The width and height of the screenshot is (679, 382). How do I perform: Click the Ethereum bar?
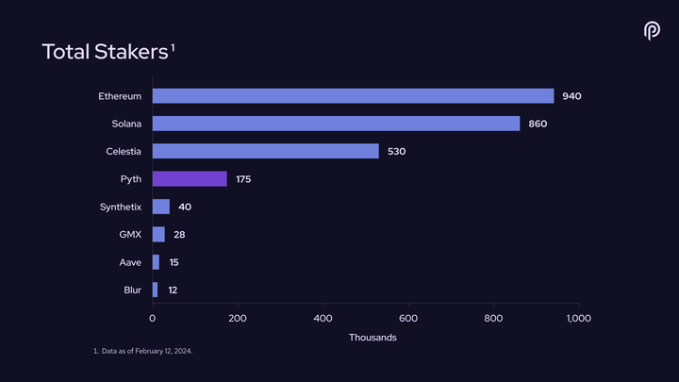pos(353,96)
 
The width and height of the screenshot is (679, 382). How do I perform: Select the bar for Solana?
pos(336,124)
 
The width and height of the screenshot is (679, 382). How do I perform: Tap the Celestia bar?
pos(265,151)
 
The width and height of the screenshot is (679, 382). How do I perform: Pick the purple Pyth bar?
pos(190,179)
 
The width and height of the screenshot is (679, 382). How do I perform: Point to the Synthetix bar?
pos(161,207)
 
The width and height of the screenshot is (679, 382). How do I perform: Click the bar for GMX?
pos(158,234)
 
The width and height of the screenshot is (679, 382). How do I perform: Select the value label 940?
pos(571,96)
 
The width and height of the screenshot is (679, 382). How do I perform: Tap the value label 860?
pos(538,124)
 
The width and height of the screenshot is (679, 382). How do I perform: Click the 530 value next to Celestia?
pos(396,151)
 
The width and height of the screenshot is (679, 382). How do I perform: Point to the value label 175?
pos(244,179)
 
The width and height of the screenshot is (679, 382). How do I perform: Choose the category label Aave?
pos(131,262)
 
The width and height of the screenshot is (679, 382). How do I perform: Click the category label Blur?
pos(133,290)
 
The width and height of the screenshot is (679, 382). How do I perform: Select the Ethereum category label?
pos(120,96)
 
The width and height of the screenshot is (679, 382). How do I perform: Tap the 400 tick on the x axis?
pos(323,319)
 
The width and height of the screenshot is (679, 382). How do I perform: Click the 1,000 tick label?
pos(578,319)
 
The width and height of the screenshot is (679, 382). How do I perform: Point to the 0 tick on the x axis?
pos(153,319)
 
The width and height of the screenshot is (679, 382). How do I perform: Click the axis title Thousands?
pos(373,338)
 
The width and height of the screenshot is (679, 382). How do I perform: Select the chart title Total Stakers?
pos(105,52)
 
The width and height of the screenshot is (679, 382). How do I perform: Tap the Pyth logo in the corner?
pos(652,31)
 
